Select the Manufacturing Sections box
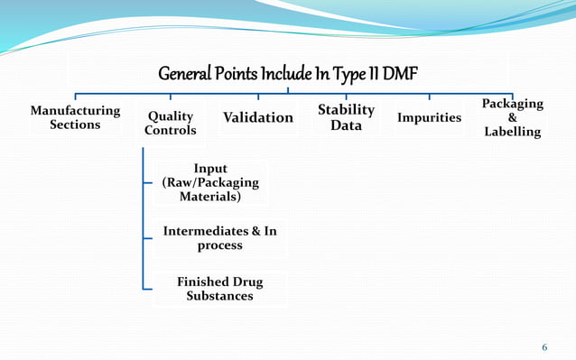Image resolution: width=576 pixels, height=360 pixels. click(75, 117)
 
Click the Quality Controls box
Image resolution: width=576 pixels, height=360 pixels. click(170, 124)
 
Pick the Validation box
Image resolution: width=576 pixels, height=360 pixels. click(258, 118)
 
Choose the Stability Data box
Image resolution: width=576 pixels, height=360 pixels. click(346, 117)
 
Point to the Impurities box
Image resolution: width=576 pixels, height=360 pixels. click(429, 118)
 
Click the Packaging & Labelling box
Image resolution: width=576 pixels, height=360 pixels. click(513, 118)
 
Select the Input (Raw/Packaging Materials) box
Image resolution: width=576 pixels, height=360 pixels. click(209, 182)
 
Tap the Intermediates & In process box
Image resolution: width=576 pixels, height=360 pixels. click(219, 238)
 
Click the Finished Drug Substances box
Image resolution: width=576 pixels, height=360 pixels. click(219, 289)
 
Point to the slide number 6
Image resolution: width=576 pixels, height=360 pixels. click(544, 347)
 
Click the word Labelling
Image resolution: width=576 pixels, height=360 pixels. click(513, 133)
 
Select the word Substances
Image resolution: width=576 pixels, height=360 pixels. click(219, 296)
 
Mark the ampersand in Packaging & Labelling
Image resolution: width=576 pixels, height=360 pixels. click(513, 118)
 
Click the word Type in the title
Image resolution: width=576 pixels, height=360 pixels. click(349, 73)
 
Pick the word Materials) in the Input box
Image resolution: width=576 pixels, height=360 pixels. click(209, 197)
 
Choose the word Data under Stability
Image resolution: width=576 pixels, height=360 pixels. click(346, 125)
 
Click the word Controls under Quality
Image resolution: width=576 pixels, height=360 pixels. click(170, 131)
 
